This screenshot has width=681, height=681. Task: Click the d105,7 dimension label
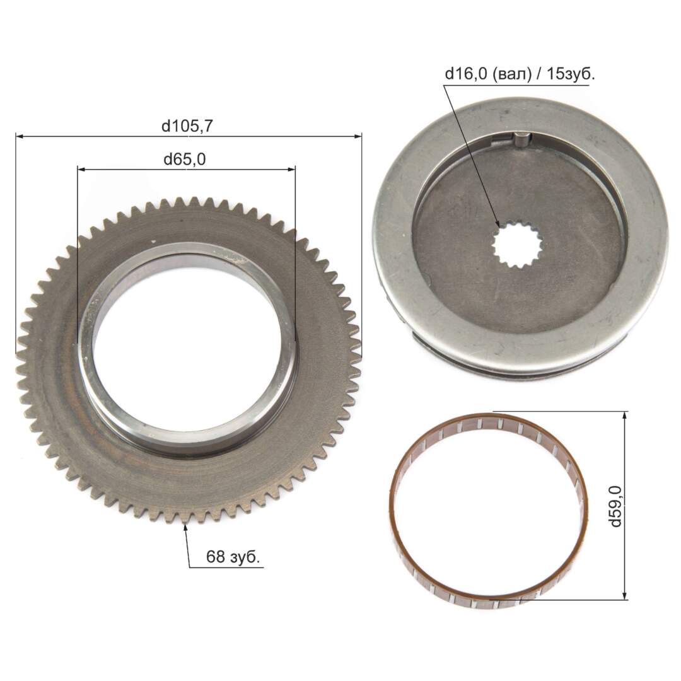(x=187, y=126)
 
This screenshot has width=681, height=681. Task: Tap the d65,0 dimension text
(x=185, y=160)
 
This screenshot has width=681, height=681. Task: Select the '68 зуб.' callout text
(x=233, y=556)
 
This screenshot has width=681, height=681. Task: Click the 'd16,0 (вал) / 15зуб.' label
(x=520, y=74)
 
